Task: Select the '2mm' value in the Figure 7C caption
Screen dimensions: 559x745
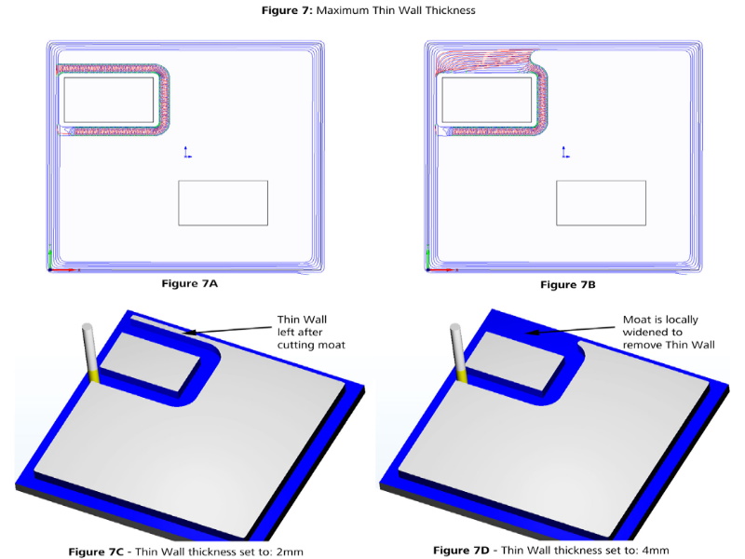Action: coord(290,552)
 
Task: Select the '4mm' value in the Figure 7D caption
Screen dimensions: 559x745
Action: coord(654,550)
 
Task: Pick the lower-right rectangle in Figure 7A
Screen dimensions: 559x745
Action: coord(223,203)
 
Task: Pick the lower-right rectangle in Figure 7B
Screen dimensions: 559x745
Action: coord(601,203)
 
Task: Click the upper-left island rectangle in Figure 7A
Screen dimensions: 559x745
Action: coord(108,101)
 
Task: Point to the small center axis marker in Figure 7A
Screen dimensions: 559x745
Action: coord(185,153)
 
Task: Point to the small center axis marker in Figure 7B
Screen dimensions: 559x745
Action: coord(563,153)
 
